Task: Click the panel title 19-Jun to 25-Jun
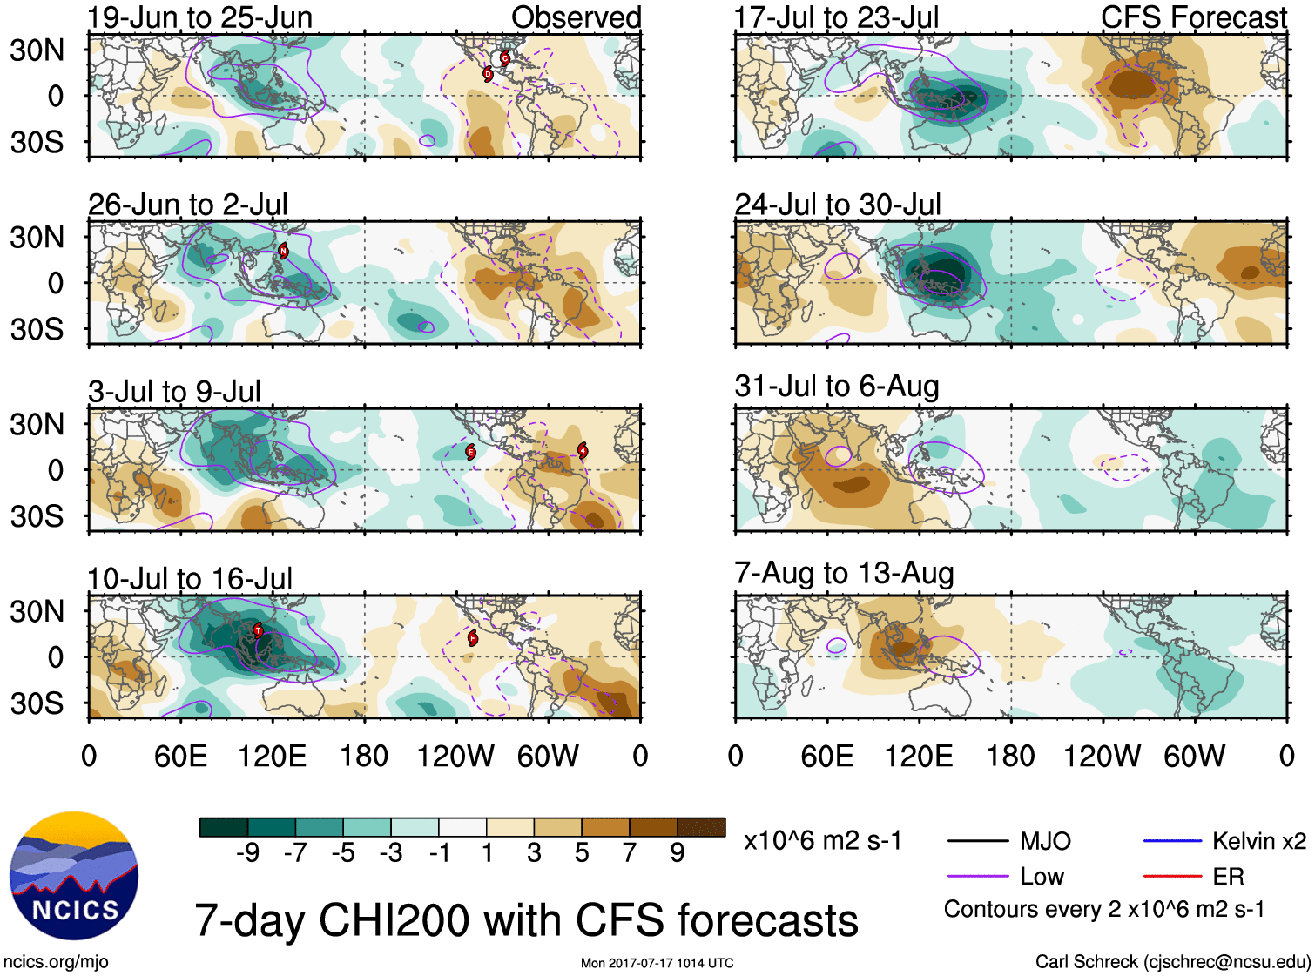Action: [x=199, y=18]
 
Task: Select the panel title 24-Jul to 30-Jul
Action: [x=838, y=205]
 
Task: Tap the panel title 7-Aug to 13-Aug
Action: [x=844, y=573]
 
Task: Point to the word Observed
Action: [x=576, y=17]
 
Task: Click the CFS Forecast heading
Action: [x=1193, y=17]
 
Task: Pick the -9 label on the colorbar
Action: [x=248, y=852]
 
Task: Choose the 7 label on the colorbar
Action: [x=630, y=852]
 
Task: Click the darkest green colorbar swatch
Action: [x=224, y=827]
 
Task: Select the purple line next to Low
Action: [x=976, y=877]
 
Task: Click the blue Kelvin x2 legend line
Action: [x=1172, y=841]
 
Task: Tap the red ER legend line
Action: [x=1172, y=877]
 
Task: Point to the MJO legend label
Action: [x=1045, y=841]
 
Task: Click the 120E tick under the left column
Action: [x=273, y=756]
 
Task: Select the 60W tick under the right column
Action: [x=1194, y=756]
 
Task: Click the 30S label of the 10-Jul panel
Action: [x=37, y=703]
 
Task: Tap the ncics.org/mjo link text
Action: [x=56, y=961]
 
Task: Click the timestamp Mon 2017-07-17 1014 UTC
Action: [x=657, y=963]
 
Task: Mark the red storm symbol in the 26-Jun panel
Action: [x=283, y=251]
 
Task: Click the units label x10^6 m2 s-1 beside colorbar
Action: [x=822, y=841]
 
